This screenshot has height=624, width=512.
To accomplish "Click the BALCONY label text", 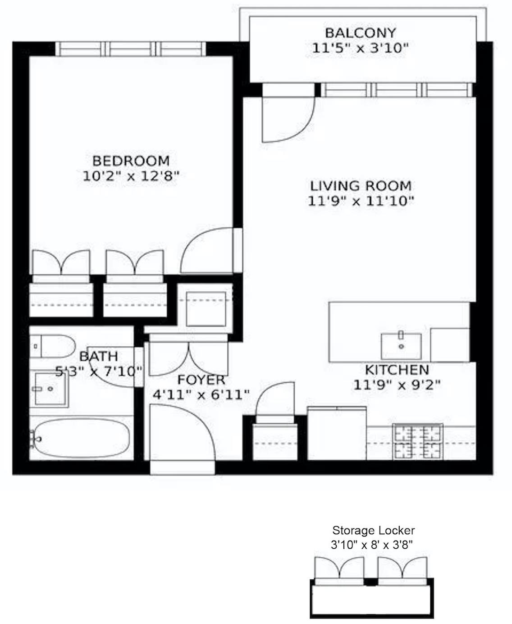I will tap(360, 33).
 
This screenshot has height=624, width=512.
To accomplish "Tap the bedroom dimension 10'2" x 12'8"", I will tap(131, 176).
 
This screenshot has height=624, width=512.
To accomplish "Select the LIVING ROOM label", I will tap(361, 186).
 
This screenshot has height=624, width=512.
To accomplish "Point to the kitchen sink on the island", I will tap(401, 346).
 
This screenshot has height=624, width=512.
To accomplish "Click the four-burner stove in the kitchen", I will tap(417, 442).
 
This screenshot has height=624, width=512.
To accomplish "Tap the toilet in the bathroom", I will tap(53, 346).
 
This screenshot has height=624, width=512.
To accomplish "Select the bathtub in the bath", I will tap(80, 439).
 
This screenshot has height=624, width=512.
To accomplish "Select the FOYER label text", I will tap(201, 380).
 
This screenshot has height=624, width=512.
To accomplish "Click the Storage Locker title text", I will tap(373, 531).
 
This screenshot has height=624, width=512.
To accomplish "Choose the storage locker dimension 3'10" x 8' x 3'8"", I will tap(372, 545).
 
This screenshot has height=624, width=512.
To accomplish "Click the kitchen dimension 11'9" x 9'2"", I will tap(397, 385).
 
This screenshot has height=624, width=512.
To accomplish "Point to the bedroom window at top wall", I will tap(131, 48).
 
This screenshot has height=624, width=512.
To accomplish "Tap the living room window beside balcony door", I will tap(397, 90).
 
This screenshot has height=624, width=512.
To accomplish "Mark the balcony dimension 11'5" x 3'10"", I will tap(360, 48).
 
